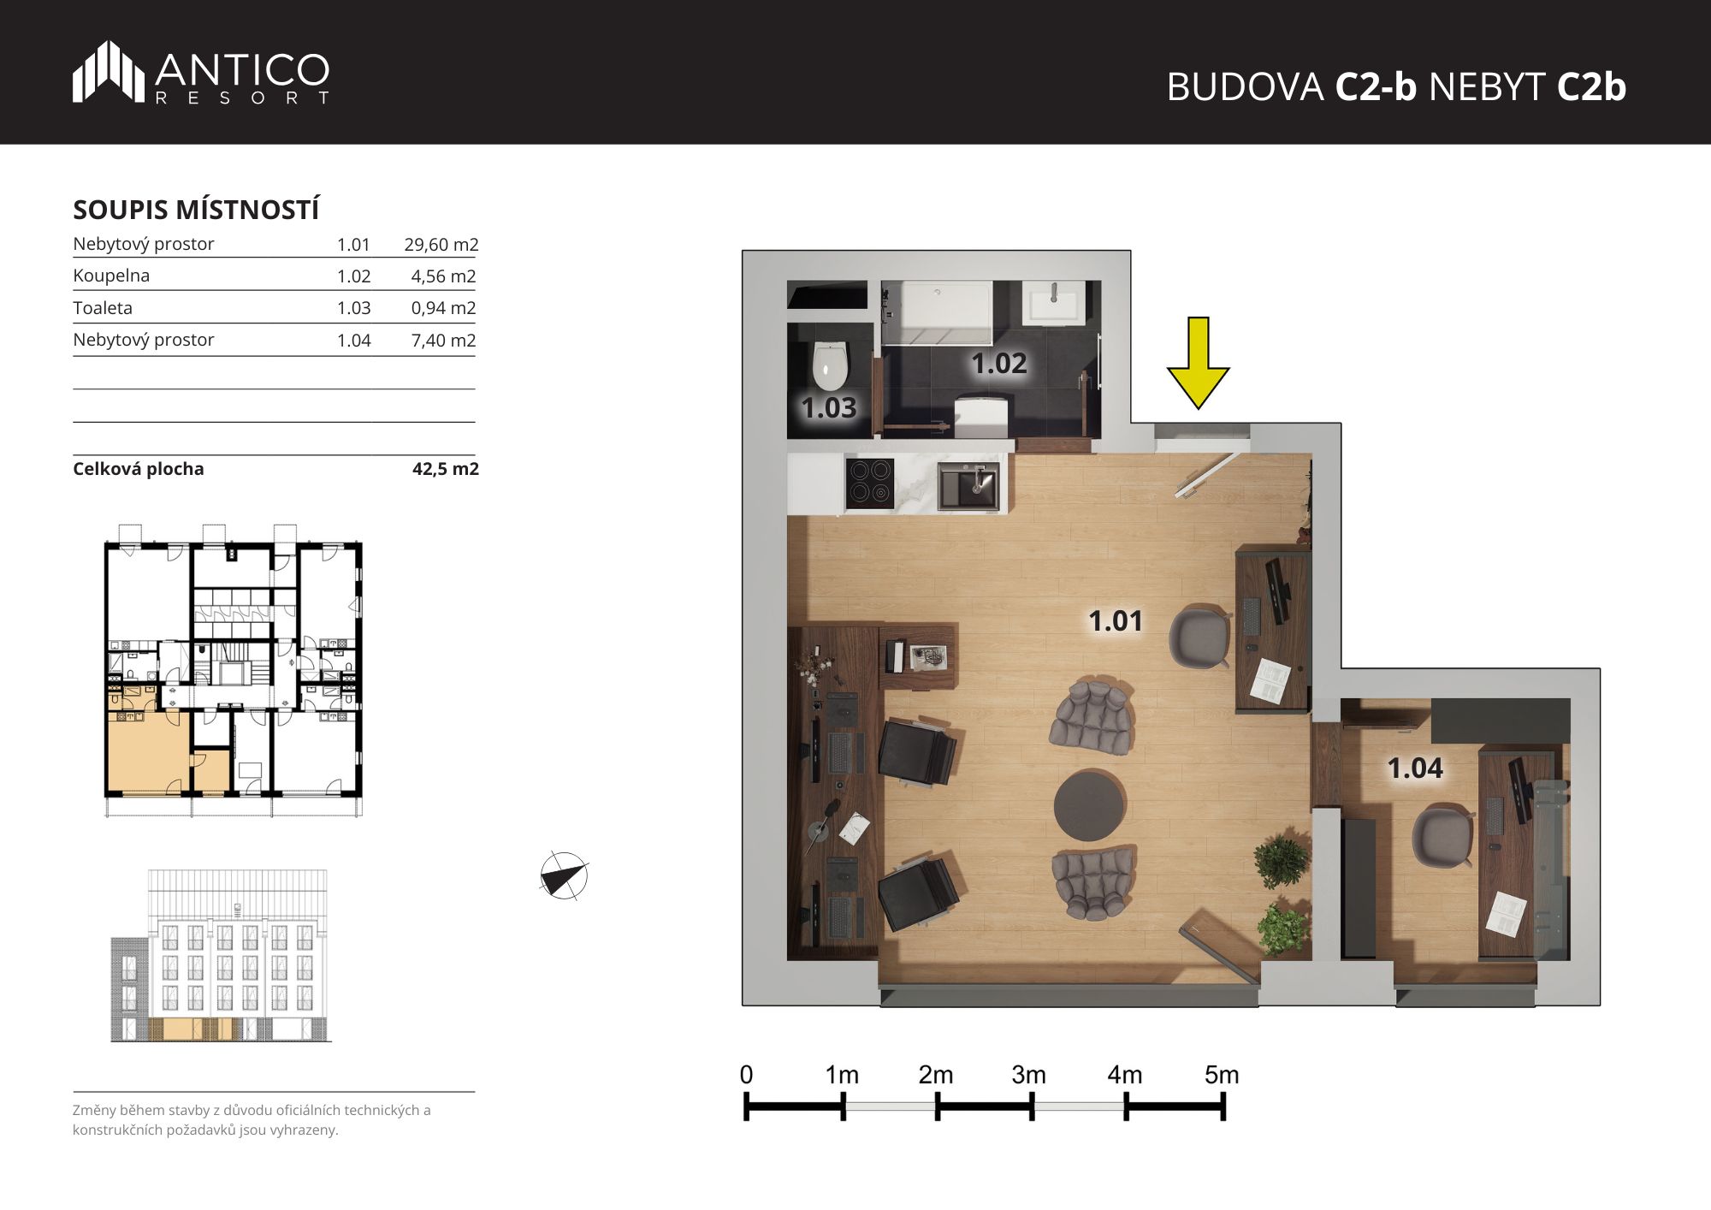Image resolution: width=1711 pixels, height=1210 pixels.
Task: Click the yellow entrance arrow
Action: (x=1198, y=363)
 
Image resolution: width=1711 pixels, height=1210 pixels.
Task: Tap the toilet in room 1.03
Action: (x=829, y=365)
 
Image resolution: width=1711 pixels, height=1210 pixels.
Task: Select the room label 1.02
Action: (x=998, y=364)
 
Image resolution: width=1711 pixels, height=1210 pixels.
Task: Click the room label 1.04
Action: (x=1415, y=768)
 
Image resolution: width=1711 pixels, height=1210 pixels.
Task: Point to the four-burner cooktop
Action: (x=870, y=483)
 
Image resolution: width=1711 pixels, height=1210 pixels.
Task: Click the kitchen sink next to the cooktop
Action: (x=968, y=485)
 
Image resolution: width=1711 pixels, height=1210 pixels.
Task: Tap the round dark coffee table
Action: (x=1089, y=806)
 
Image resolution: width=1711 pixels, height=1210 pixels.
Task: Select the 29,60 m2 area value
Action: (x=441, y=245)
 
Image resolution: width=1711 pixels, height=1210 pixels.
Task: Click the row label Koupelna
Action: (x=111, y=276)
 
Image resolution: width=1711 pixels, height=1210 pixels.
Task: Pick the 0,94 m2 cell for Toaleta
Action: (x=443, y=308)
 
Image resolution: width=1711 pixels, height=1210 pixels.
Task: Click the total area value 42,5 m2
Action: (x=446, y=469)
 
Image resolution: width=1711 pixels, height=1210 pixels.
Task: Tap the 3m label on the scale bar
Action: (x=1028, y=1075)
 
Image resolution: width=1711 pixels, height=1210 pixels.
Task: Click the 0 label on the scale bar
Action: (x=746, y=1075)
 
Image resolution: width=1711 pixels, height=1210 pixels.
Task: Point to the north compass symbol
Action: (x=564, y=875)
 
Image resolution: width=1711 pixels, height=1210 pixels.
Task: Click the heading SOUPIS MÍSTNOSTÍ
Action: (x=196, y=210)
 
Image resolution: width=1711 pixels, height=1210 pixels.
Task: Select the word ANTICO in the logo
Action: (x=242, y=69)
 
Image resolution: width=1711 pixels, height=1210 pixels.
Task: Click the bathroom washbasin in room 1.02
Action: (x=1055, y=303)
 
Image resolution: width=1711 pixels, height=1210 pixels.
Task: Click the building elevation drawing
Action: (x=220, y=956)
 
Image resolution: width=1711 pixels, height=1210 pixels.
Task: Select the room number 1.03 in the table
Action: (x=353, y=308)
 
